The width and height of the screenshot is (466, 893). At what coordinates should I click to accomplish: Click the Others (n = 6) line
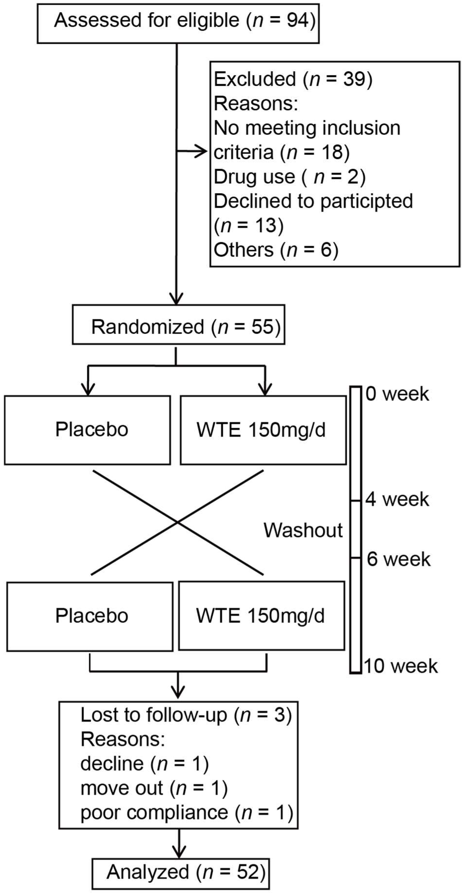(276, 250)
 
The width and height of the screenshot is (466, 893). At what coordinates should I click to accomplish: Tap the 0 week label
(397, 394)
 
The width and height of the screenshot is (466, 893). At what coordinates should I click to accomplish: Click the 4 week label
(397, 499)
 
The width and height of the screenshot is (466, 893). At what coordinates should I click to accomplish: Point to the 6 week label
(398, 559)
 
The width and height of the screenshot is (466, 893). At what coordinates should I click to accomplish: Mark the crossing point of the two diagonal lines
(178, 522)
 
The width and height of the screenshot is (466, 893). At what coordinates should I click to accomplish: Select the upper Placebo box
(87, 430)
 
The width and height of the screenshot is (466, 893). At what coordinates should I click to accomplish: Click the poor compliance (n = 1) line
(186, 812)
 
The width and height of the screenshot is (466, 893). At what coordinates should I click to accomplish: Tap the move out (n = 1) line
(154, 788)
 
